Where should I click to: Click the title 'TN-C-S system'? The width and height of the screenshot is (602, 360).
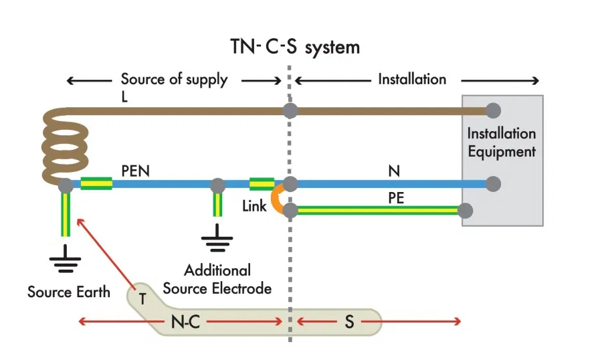point(294,48)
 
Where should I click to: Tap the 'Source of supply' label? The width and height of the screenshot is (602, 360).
point(174,80)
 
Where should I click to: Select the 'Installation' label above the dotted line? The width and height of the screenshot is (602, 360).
point(412,80)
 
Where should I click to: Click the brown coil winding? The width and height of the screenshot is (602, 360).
point(65,144)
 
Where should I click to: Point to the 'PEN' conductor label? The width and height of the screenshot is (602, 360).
point(136,171)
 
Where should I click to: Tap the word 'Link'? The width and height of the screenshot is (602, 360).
point(254,206)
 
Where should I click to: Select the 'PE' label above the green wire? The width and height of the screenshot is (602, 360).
point(396,198)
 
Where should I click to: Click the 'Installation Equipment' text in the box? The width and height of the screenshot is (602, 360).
point(502,143)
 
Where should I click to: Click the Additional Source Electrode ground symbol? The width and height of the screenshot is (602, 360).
point(217,240)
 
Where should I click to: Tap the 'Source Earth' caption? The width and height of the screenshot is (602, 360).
point(68,292)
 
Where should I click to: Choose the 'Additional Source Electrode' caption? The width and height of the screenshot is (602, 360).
point(217,280)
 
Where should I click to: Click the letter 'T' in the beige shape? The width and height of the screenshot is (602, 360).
point(142,296)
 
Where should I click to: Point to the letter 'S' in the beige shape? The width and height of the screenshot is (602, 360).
point(348,322)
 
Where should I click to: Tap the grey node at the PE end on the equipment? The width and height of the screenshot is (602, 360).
point(466,211)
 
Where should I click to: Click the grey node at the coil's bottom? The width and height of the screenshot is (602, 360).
point(66,184)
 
